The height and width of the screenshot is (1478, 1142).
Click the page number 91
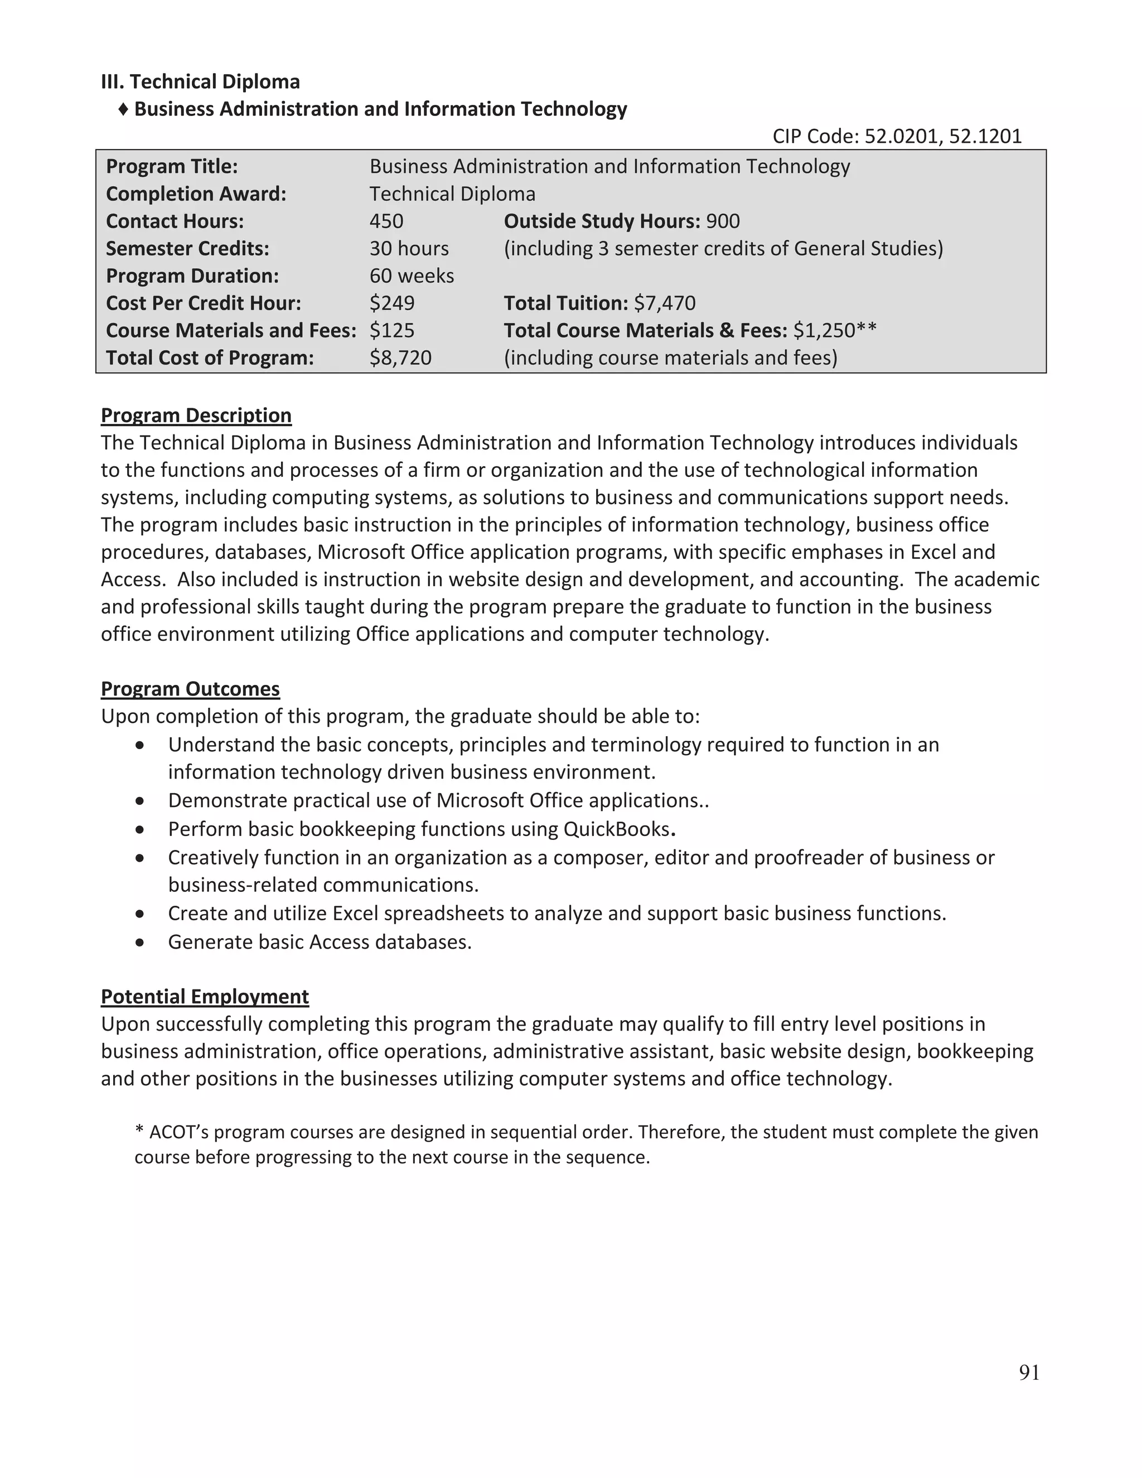pyautogui.click(x=1028, y=1372)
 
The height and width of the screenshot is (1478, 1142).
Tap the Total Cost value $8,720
pyautogui.click(x=400, y=358)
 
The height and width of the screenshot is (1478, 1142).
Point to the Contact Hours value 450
pyautogui.click(x=386, y=221)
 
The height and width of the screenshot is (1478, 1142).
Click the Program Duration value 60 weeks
pyautogui.click(x=412, y=276)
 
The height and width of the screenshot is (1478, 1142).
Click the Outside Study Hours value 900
pyautogui.click(x=723, y=221)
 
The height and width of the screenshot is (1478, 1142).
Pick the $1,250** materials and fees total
pyautogui.click(x=834, y=330)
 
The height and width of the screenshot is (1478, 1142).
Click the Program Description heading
pyautogui.click(x=196, y=415)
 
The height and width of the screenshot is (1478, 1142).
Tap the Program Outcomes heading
pyautogui.click(x=190, y=688)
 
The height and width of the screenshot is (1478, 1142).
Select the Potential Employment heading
pyautogui.click(x=204, y=996)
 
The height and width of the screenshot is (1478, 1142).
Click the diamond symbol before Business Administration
pyautogui.click(x=123, y=109)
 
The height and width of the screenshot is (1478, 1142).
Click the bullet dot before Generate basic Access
pyautogui.click(x=139, y=942)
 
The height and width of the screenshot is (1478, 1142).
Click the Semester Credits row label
pyautogui.click(x=187, y=248)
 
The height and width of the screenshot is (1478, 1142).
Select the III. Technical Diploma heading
pyautogui.click(x=200, y=81)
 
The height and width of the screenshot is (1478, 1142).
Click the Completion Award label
pyautogui.click(x=196, y=194)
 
